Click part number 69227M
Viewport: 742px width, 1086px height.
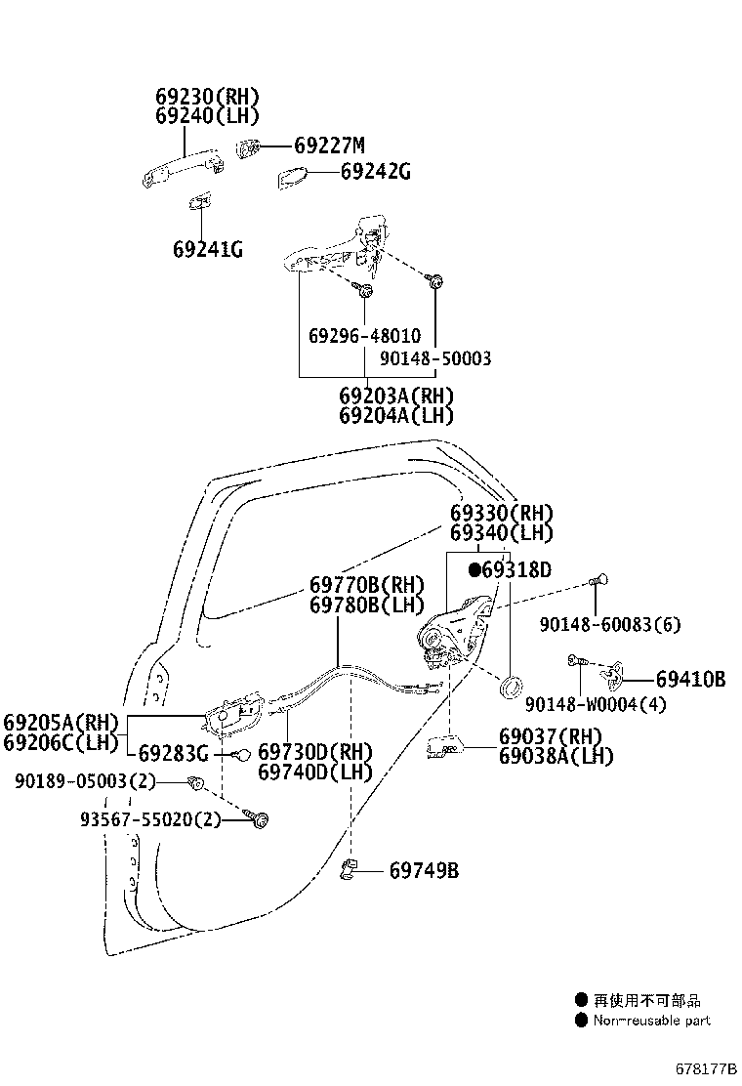point(329,146)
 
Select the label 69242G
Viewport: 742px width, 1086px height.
point(375,171)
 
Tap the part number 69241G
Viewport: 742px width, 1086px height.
point(208,249)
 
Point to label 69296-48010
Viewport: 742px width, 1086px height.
point(365,336)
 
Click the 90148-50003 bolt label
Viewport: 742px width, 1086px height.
point(435,358)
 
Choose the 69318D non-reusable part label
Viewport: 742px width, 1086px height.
point(510,570)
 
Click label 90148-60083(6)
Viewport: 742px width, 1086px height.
point(610,625)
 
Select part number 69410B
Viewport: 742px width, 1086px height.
point(691,680)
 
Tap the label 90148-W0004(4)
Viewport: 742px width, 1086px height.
point(596,704)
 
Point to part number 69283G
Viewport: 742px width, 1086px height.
point(174,753)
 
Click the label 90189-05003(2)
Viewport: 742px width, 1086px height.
point(85,782)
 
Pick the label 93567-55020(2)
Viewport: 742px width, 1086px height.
point(150,820)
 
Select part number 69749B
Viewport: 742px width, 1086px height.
point(425,870)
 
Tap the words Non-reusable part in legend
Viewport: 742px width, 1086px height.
point(652,1021)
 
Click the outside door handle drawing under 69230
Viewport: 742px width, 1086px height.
point(184,168)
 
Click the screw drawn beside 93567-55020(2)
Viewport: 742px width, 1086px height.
point(257,818)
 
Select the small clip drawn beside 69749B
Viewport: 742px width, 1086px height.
point(349,869)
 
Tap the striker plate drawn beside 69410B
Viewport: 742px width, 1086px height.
point(611,677)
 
